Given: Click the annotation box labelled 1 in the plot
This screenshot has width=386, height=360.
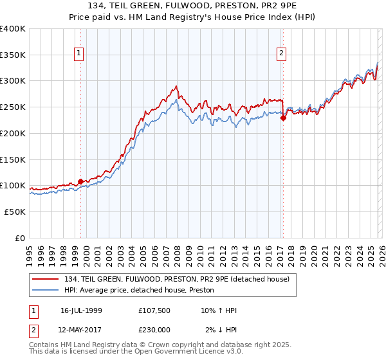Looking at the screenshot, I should [x=79, y=54].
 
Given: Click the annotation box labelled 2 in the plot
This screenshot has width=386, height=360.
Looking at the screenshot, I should [x=282, y=54].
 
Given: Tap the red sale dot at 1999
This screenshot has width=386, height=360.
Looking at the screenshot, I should [x=80, y=181].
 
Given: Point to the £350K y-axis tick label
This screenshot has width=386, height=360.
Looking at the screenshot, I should [x=13, y=55].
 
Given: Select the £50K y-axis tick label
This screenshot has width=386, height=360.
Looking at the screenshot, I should [x=15, y=212].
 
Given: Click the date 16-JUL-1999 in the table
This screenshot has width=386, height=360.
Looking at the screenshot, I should [x=81, y=310].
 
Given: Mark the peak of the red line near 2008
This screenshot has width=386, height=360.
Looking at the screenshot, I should [x=176, y=85].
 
